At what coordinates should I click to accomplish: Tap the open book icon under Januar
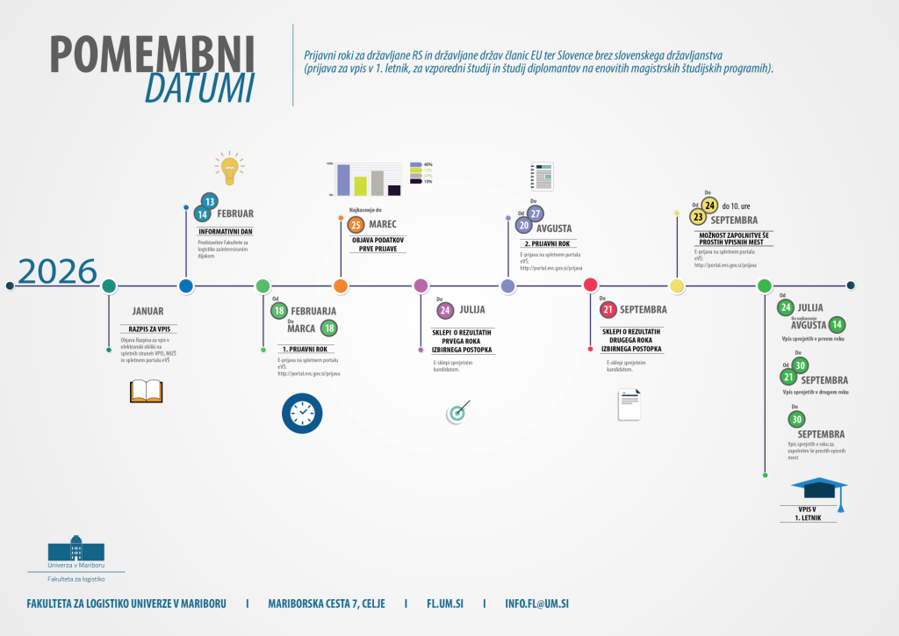(x=147, y=391)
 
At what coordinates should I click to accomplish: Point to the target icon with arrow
(x=457, y=412)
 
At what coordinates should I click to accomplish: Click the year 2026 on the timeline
(x=57, y=272)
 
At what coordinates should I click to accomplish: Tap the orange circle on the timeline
(x=341, y=285)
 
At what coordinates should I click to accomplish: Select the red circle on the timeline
(x=591, y=285)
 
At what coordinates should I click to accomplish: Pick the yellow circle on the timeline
(x=677, y=285)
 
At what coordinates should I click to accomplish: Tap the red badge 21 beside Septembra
(x=608, y=309)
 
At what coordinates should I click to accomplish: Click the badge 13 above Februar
(x=209, y=200)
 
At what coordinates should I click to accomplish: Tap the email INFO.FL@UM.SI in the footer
(x=537, y=604)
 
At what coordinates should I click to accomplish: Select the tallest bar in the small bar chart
(x=344, y=179)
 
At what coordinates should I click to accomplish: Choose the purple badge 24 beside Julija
(x=446, y=310)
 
